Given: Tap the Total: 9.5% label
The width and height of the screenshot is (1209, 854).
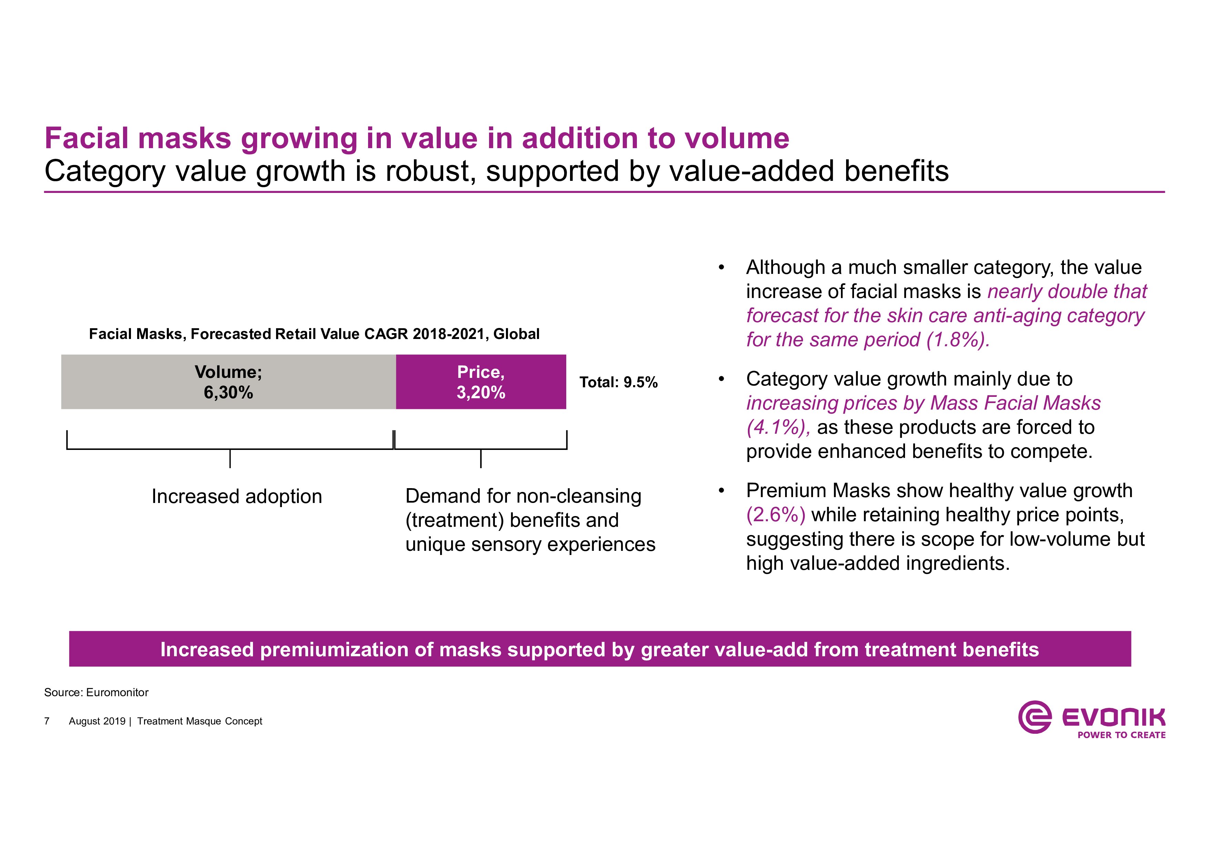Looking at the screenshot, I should click(x=618, y=382).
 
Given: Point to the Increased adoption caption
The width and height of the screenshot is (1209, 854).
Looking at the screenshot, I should click(x=236, y=496).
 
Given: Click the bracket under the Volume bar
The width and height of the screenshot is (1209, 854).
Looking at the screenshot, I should click(x=230, y=449).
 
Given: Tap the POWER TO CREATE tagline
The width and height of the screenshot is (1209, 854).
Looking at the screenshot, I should click(x=1121, y=735).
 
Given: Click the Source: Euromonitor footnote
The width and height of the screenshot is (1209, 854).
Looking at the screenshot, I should click(x=96, y=692).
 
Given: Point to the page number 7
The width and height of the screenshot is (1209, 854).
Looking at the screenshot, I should click(x=47, y=721).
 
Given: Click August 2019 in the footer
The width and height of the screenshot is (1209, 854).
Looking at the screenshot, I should click(x=97, y=721).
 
